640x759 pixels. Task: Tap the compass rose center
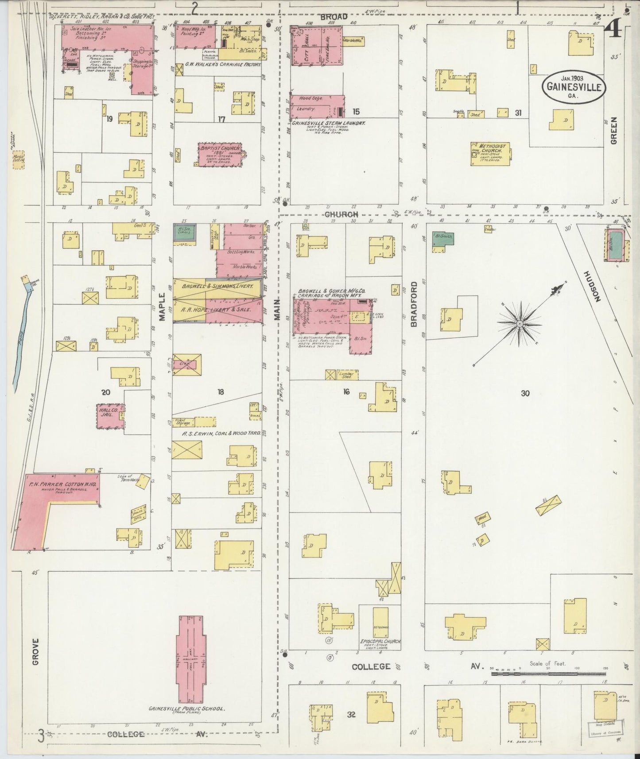[519, 324]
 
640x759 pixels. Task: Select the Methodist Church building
[490, 154]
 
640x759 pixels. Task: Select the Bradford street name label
[414, 311]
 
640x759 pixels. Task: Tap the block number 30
[525, 393]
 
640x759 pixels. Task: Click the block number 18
[221, 391]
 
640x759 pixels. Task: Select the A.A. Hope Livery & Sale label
[215, 310]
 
